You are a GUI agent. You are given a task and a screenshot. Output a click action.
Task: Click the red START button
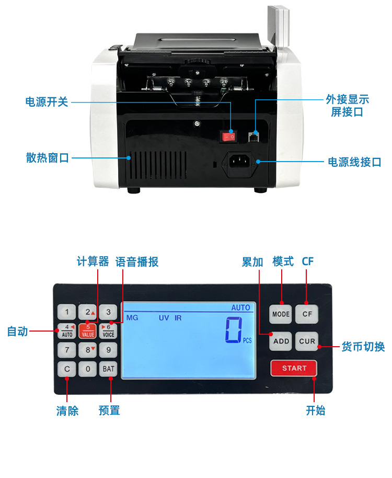point(294,368)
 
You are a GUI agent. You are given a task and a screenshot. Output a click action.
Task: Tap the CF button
point(307,314)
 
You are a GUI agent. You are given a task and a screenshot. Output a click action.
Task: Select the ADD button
point(281,341)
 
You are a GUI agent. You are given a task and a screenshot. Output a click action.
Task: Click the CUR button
point(307,341)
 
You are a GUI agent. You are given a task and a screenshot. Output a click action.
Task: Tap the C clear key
point(66,369)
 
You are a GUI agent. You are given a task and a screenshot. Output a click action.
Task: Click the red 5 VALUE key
point(88,331)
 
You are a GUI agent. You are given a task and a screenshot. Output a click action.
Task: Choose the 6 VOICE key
point(108,331)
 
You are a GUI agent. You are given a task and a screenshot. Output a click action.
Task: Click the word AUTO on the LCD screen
point(240,308)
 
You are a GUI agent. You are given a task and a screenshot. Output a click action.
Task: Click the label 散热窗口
point(48,157)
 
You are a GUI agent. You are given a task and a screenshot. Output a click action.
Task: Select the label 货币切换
point(363,346)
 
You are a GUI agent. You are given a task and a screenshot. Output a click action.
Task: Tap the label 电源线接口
point(354,162)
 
